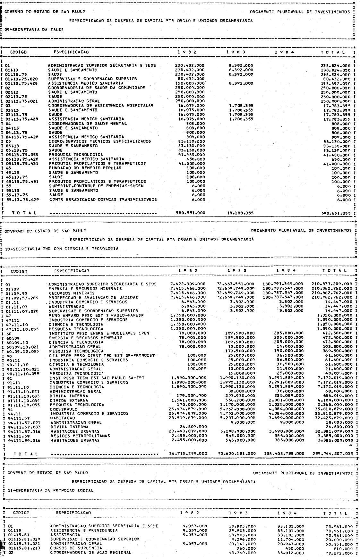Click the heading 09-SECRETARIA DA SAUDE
(34, 29)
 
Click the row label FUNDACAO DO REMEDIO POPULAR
(85, 168)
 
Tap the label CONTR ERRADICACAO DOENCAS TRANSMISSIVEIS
(103, 199)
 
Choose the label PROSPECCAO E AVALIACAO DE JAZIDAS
(93, 297)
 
